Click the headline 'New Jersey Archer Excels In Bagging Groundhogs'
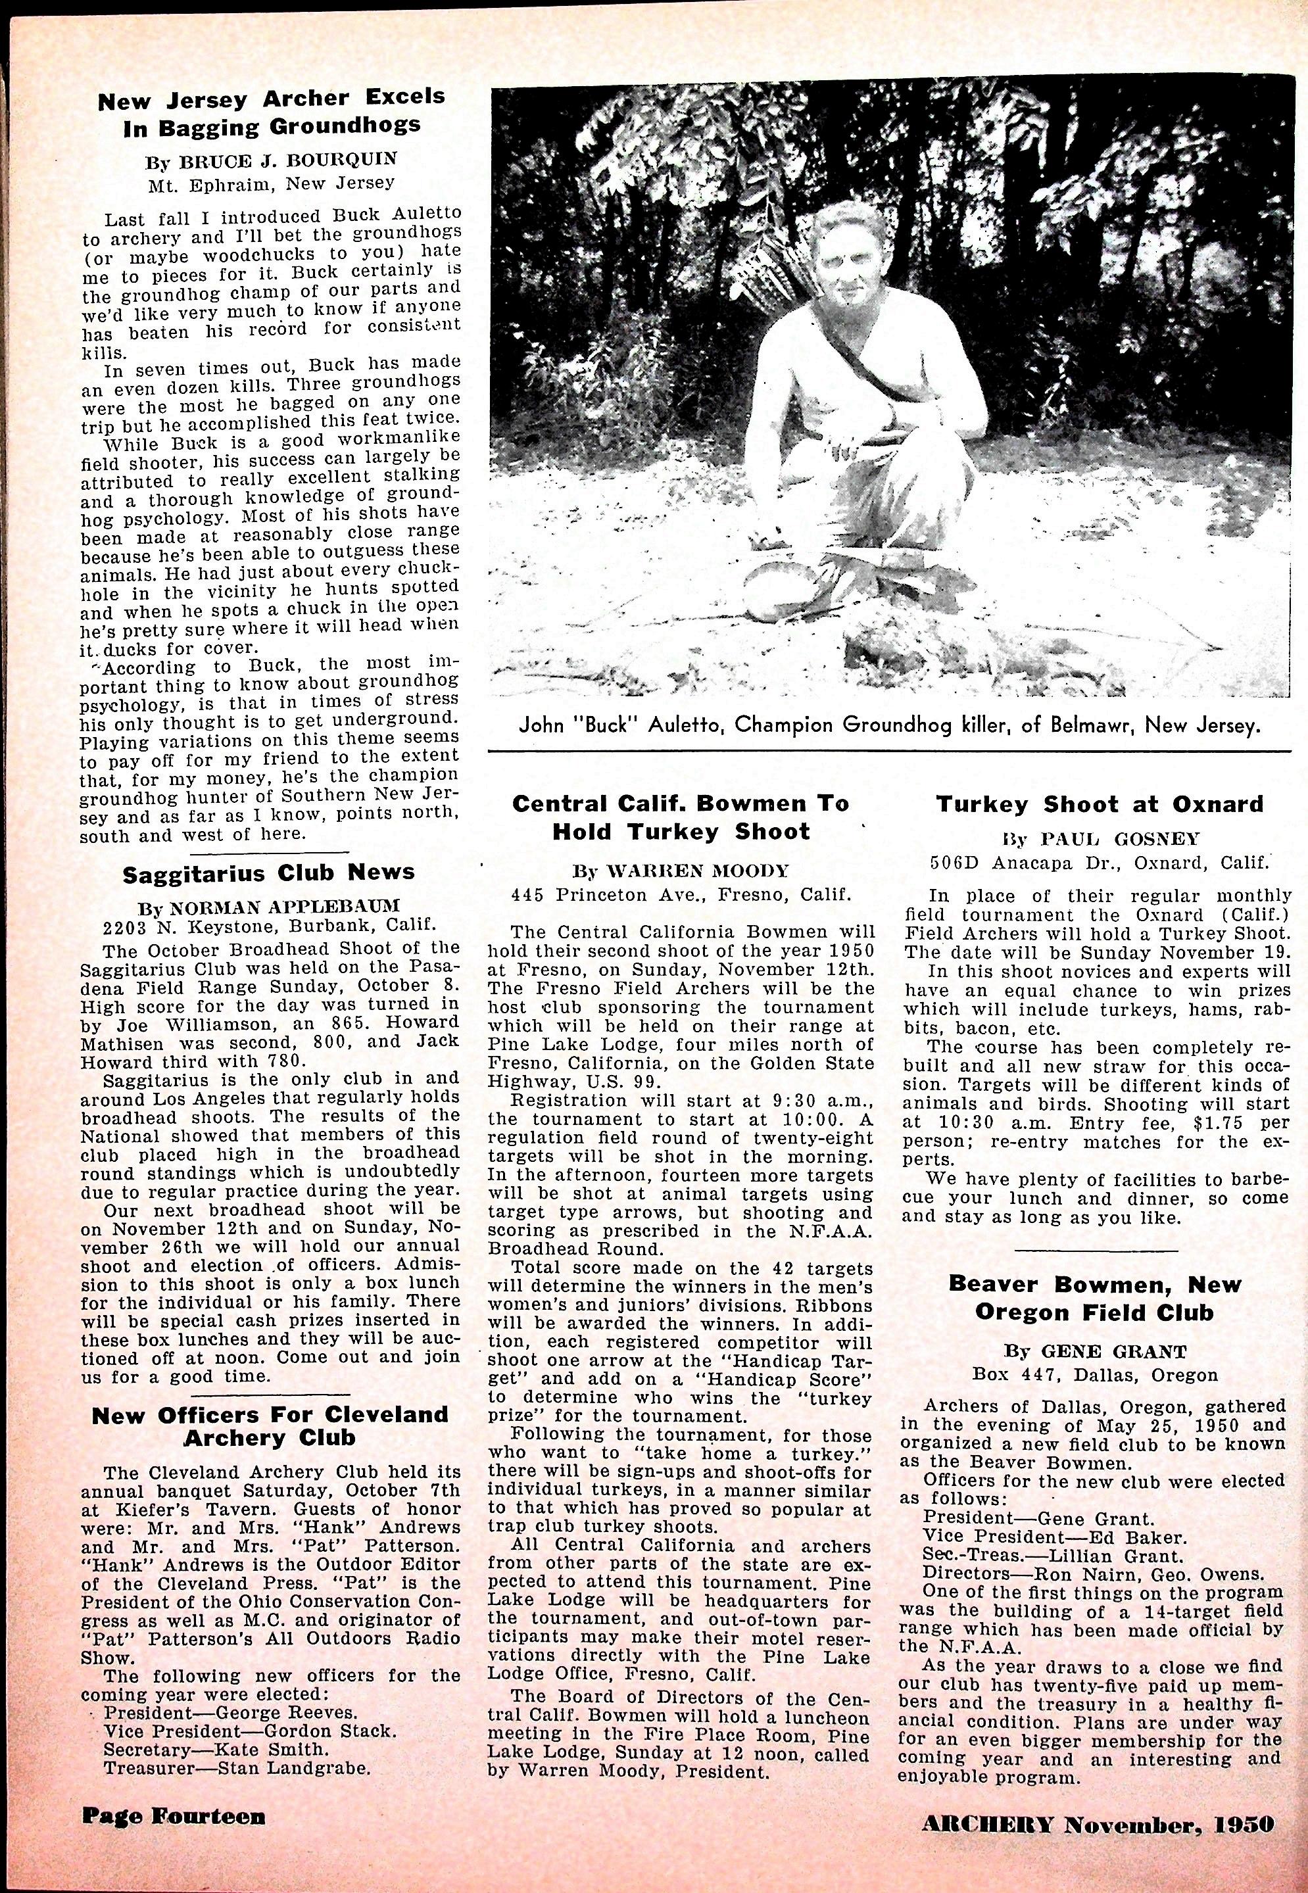click(272, 112)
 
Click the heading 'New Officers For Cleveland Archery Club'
click(270, 1425)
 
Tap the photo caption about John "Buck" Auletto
click(888, 726)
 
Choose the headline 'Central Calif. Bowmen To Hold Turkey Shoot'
click(679, 817)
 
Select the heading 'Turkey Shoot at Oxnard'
click(1099, 804)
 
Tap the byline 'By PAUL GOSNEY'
click(1099, 839)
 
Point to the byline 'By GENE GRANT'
click(1095, 1351)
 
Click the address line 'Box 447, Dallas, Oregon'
click(1095, 1374)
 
